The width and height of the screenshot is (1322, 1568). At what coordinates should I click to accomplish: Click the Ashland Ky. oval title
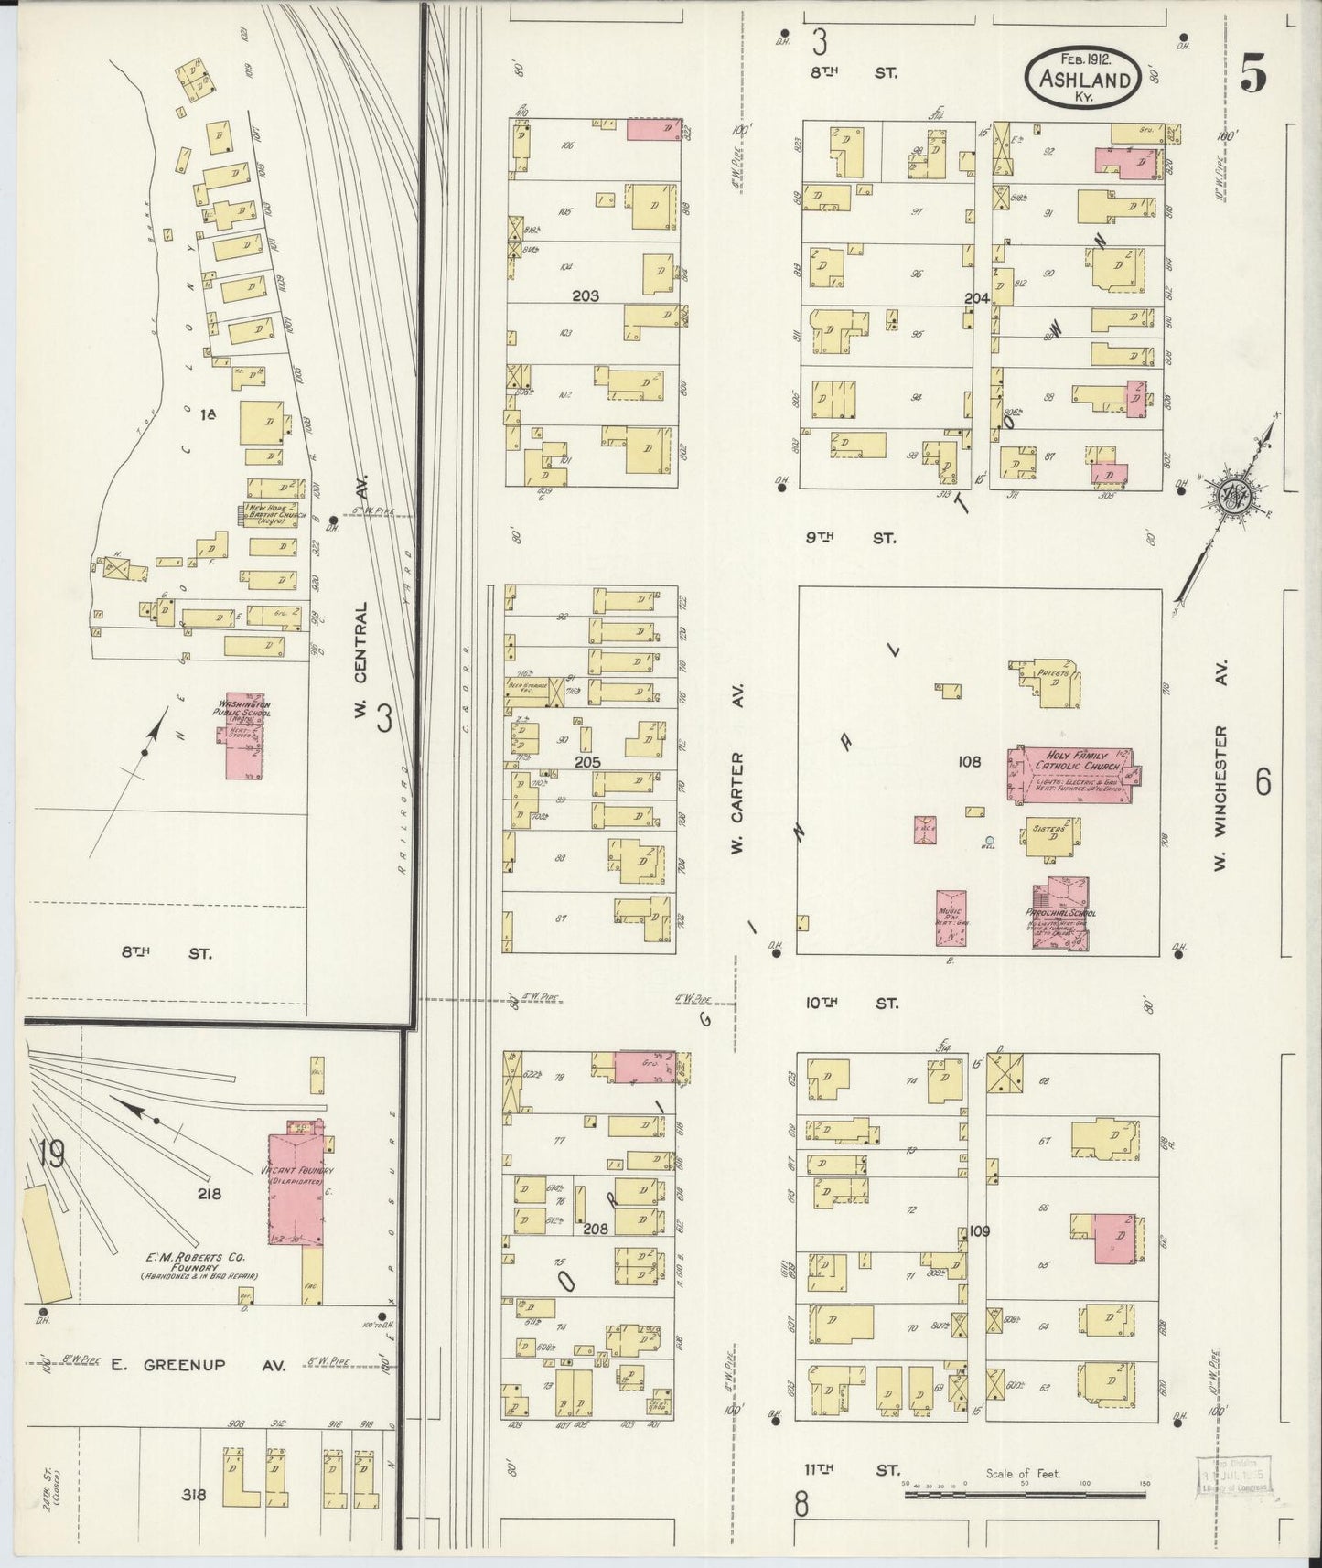click(1083, 78)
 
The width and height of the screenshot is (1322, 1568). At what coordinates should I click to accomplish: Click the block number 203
click(585, 295)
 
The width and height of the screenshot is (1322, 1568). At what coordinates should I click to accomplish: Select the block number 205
click(586, 761)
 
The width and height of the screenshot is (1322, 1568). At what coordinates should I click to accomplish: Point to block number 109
click(979, 1230)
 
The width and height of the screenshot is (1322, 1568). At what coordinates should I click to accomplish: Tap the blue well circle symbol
click(989, 840)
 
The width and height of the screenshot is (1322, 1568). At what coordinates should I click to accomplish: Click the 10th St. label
click(851, 1004)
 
